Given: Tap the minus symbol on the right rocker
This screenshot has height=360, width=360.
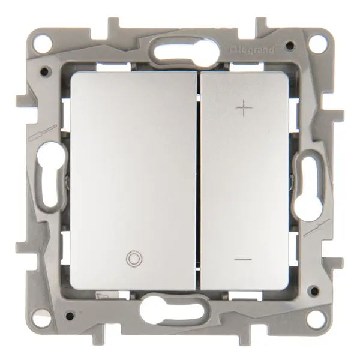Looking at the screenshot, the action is click(244, 260).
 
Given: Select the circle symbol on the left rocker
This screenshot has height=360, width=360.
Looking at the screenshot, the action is click(134, 259).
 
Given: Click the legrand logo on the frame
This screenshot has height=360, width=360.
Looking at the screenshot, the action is click(252, 50).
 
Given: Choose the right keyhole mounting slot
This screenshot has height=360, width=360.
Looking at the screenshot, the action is click(308, 187).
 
